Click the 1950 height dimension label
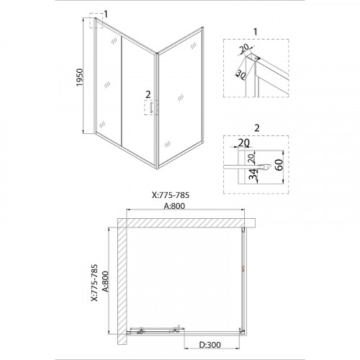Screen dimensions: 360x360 pos(80,77)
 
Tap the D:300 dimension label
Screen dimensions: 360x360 pos(210,345)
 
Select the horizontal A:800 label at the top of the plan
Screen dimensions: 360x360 pos(174,206)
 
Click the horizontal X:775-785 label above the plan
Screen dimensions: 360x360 pos(171,195)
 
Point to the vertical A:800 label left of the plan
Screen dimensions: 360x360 pos(105,282)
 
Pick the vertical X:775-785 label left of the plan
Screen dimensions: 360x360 pos(94,283)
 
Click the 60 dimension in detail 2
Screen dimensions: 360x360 pos(279,165)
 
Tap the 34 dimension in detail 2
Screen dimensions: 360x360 pos(253,174)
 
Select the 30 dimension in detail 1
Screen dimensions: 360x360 pos(240,74)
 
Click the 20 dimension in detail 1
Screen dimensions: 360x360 pos(245,48)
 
